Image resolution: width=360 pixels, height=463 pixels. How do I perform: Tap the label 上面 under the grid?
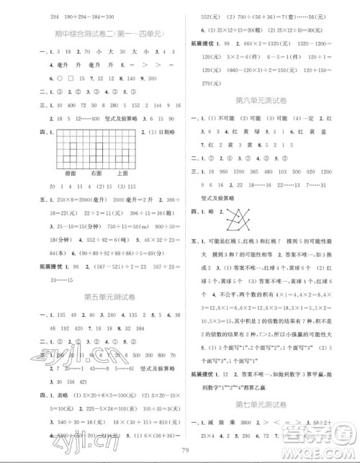[x=121, y=173]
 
